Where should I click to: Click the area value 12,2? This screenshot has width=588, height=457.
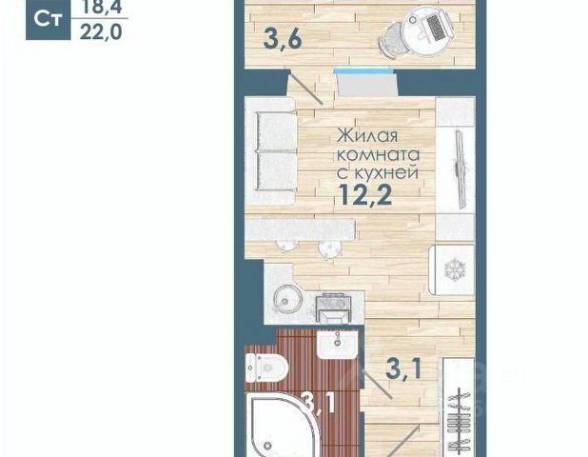tap(365, 195)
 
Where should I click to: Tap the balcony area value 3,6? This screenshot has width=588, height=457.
tap(283, 39)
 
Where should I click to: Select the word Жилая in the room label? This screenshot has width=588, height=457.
tap(366, 136)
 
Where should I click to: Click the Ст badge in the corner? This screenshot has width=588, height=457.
tap(48, 19)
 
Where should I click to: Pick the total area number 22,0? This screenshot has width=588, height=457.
tap(101, 32)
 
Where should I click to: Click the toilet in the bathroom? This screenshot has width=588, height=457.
tap(265, 368)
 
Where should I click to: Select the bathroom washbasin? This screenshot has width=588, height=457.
tap(336, 345)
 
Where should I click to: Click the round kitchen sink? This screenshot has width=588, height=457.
tap(287, 299)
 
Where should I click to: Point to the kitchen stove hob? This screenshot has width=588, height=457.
tap(333, 308)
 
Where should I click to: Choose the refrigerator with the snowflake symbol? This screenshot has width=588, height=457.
tap(453, 269)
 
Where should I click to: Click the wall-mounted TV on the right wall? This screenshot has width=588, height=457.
tap(461, 168)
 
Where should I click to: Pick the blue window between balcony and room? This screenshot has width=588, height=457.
tap(364, 70)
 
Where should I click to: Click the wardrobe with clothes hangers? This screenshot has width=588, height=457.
tap(459, 407)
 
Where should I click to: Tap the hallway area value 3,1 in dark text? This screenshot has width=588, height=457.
tap(403, 369)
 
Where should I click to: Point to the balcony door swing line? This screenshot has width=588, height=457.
tap(306, 89)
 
